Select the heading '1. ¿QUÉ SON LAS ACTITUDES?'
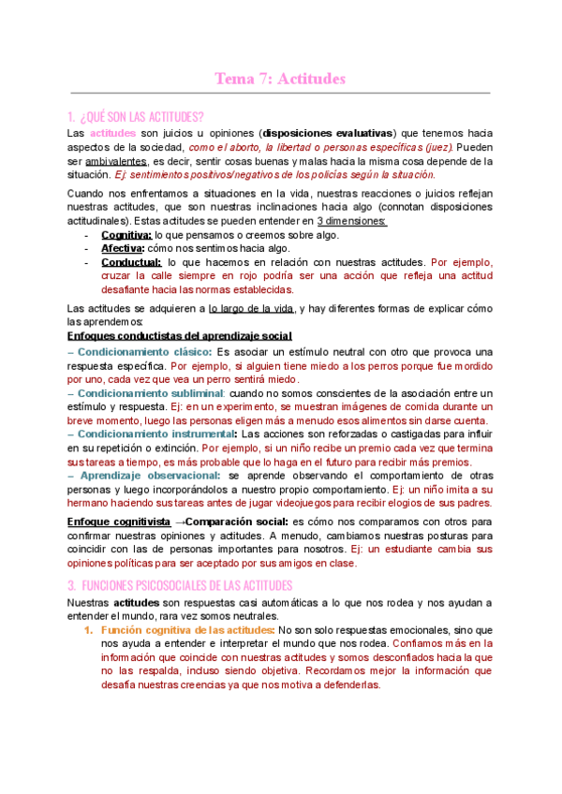pos(137,117)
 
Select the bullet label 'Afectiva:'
pos(122,249)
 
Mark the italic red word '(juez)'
pos(436,147)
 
